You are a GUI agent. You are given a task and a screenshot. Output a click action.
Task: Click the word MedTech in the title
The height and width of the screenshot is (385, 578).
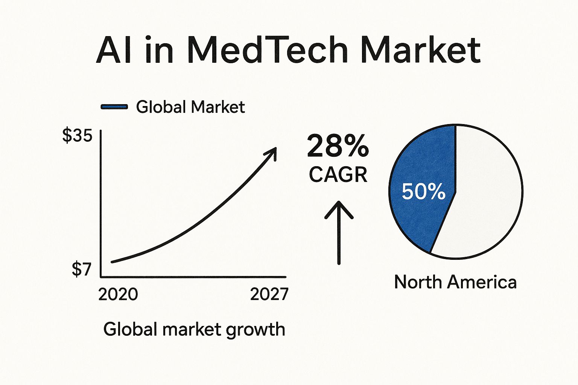(266, 50)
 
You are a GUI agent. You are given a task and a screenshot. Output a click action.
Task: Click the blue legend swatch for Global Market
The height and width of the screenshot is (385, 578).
(114, 107)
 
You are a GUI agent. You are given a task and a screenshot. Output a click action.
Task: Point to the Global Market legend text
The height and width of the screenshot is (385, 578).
(190, 107)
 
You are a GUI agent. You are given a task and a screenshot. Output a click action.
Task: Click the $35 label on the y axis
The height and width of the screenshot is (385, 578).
(77, 135)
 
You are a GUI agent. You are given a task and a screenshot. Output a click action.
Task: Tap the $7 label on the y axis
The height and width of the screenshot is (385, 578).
(82, 269)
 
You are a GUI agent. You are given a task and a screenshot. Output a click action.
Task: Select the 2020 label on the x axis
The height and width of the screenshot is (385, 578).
(118, 294)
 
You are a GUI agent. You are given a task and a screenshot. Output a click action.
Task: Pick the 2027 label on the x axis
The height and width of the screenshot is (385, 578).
(269, 294)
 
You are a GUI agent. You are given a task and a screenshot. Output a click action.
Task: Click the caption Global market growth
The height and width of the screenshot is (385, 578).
(194, 329)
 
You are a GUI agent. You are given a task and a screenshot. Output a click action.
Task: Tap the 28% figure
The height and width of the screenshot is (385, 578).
(338, 147)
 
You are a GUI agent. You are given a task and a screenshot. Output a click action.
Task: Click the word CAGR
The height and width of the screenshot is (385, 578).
(338, 175)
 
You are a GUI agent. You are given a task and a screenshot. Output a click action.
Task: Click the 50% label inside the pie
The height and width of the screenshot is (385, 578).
(423, 192)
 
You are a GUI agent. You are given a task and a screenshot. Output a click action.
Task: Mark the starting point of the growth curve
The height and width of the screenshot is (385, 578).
(112, 262)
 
